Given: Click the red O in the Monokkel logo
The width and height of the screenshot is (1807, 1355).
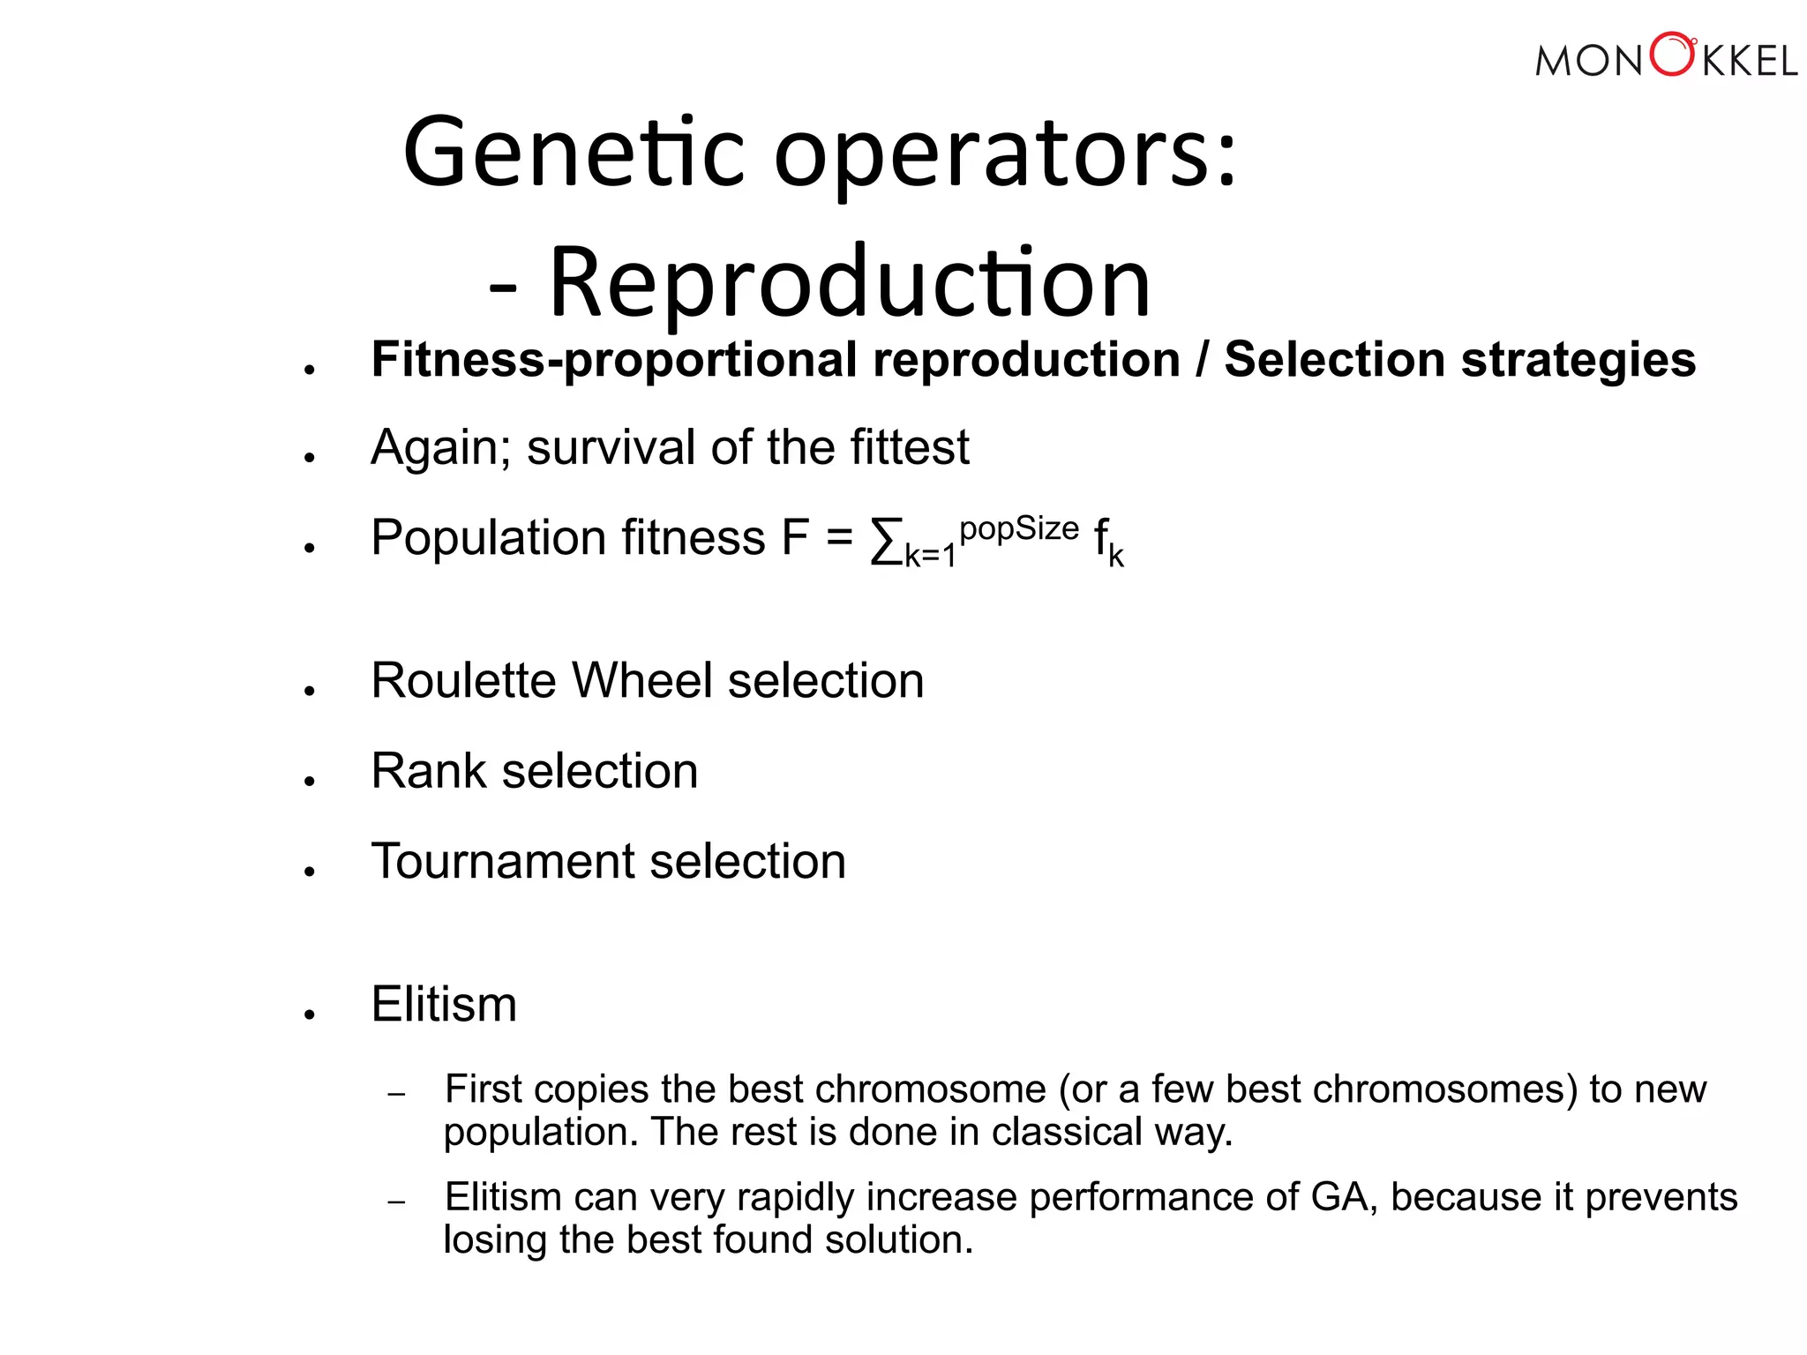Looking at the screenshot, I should (1671, 56).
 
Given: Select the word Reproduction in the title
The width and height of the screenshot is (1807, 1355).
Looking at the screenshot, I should (850, 282).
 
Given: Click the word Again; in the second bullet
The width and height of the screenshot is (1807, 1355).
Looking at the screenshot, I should (440, 447).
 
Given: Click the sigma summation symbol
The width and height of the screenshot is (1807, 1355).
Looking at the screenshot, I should (886, 541).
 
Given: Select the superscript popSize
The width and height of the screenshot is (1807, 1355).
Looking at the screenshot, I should (1019, 528).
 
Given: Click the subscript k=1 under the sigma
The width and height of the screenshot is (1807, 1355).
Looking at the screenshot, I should (931, 556).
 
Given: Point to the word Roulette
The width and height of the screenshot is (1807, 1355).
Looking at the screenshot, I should (464, 681).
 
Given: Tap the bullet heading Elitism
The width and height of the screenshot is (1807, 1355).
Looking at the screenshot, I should (444, 1004).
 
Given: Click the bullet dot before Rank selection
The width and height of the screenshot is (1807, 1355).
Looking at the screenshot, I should (309, 781).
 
